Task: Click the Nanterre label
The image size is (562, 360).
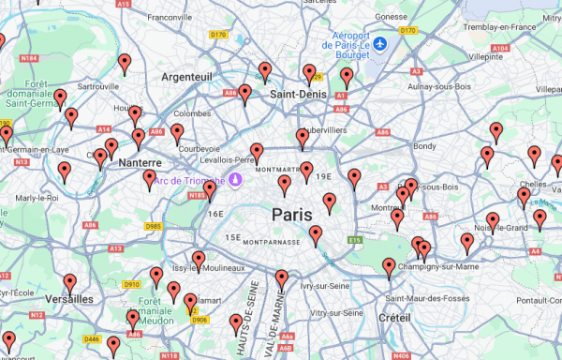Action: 141,162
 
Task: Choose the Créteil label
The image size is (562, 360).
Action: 394,319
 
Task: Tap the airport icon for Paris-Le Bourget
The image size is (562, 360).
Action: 380,44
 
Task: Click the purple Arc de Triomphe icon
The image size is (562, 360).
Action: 237,178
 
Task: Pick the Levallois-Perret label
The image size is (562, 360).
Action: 230,158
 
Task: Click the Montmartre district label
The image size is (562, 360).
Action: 274,170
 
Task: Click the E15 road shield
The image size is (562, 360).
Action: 355,240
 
